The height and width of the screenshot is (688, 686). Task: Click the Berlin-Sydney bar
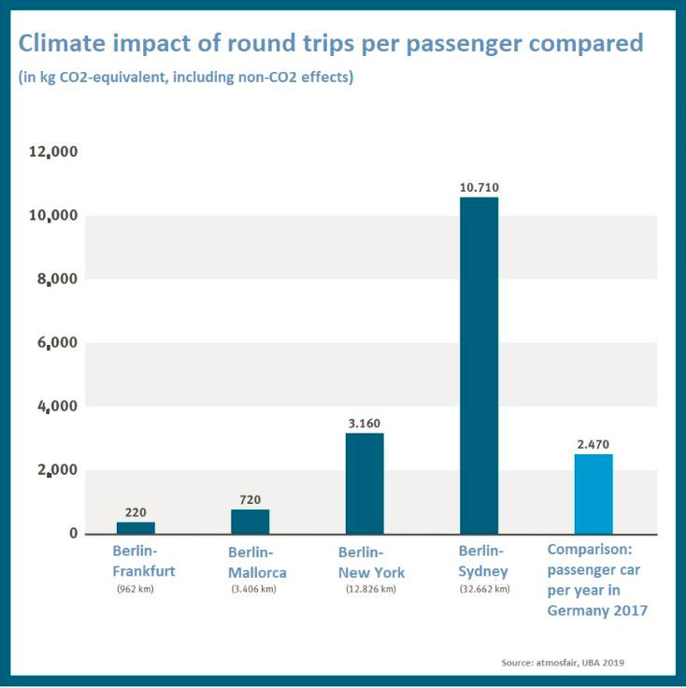(x=479, y=365)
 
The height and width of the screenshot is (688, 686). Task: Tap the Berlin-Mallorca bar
(x=250, y=522)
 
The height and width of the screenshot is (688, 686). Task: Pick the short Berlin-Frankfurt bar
(x=136, y=528)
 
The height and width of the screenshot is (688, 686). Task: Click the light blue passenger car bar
(x=593, y=494)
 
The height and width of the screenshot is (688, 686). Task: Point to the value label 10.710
(x=479, y=188)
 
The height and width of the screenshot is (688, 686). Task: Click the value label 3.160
(x=364, y=423)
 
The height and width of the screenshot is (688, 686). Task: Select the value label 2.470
(x=593, y=445)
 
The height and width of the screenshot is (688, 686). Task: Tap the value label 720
(x=250, y=500)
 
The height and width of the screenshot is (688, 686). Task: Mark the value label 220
(x=136, y=512)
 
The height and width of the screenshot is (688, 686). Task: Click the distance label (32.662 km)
(x=484, y=589)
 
